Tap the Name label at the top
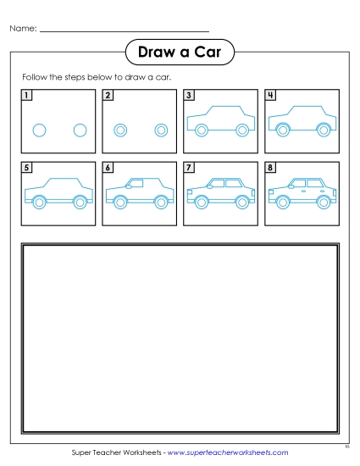click(23, 29)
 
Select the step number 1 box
click(26, 95)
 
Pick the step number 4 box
click(270, 95)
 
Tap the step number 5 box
click(26, 168)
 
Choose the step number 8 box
click(270, 168)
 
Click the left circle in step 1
click(38, 130)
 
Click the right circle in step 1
click(80, 130)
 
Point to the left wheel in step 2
click(119, 130)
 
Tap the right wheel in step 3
click(242, 130)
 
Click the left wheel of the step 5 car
click(38, 202)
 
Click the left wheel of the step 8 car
click(282, 202)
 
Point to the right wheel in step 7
click(242, 202)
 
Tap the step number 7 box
click(189, 168)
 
